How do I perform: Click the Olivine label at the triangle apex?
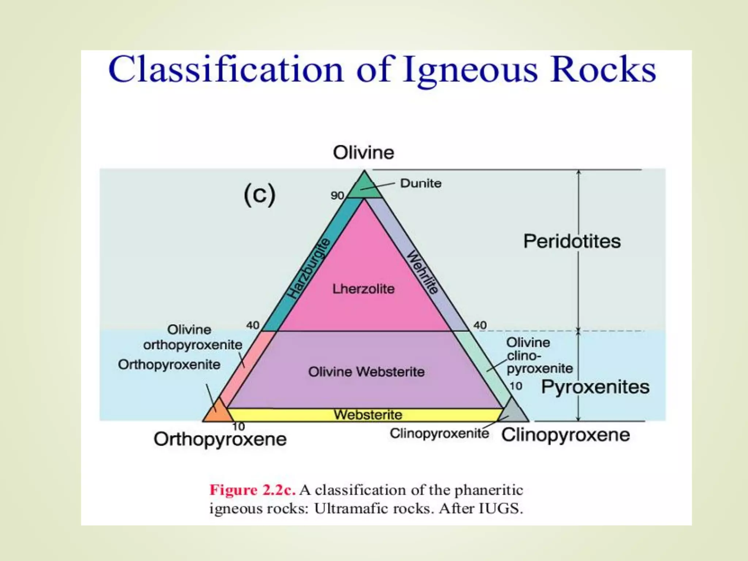363,153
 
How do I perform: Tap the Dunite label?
421,183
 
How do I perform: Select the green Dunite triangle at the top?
364,187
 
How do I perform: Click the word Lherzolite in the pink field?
363,289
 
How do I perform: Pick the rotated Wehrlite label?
423,272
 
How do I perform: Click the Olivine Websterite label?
366,372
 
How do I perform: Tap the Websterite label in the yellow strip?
368,415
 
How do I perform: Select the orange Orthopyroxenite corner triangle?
217,412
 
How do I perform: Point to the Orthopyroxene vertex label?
220,439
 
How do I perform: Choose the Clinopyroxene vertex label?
565,435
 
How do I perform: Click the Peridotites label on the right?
572,241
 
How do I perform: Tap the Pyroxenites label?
595,387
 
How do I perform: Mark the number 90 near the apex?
337,196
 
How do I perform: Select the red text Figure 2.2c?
252,490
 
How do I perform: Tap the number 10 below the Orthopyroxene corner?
238,427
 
